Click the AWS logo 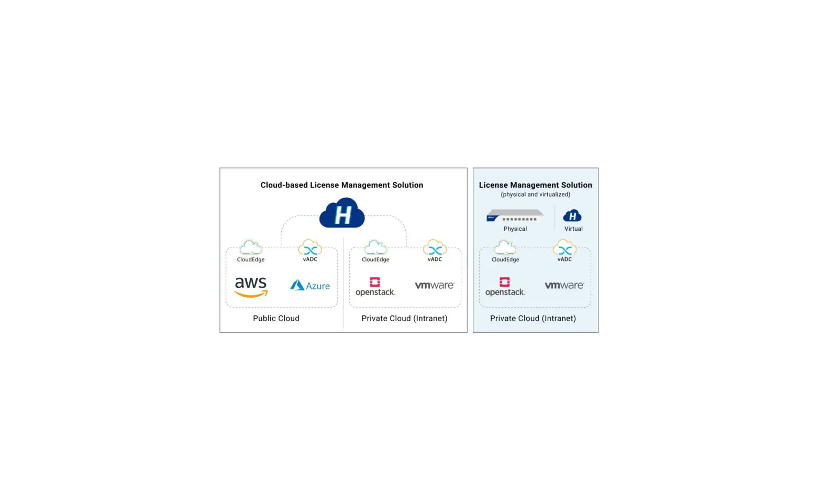[251, 287]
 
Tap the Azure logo [310, 286]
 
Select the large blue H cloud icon [342, 213]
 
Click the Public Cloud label [276, 318]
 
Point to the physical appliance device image [515, 215]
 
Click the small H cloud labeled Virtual [572, 216]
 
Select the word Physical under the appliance [515, 229]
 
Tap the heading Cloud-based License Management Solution [341, 185]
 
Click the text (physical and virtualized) [535, 194]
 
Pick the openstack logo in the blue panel [505, 287]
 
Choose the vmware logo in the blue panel [564, 285]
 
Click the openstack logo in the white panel [375, 287]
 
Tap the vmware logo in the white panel [434, 285]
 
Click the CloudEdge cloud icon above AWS [250, 247]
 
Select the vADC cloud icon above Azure [310, 247]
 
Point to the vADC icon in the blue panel [564, 247]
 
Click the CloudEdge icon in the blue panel [505, 247]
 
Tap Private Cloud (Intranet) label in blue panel [532, 318]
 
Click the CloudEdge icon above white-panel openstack [375, 247]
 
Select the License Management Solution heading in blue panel [535, 185]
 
